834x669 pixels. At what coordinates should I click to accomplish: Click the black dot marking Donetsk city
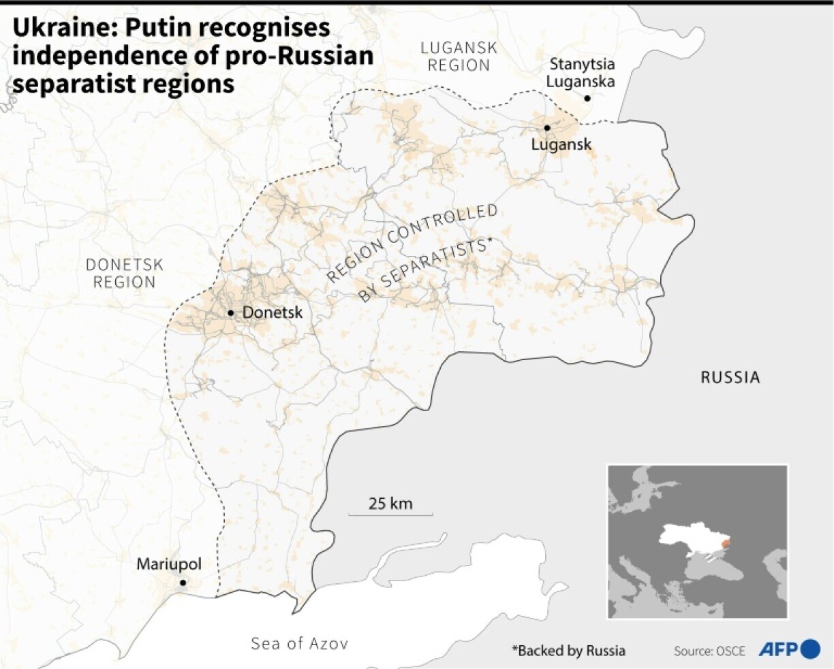click(231, 313)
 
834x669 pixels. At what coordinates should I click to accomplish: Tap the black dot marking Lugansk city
click(546, 128)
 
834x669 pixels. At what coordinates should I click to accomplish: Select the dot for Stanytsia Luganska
click(587, 99)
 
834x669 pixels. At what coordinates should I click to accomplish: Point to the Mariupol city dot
click(183, 583)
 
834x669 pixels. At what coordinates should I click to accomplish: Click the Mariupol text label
click(169, 564)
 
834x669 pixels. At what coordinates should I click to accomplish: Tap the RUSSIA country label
click(730, 377)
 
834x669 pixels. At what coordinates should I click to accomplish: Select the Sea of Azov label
click(299, 643)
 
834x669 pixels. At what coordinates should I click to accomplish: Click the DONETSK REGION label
click(125, 273)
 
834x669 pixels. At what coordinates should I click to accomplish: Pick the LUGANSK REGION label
click(459, 56)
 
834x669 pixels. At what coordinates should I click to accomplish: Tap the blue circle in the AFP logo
click(811, 649)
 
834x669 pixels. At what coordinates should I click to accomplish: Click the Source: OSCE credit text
click(709, 651)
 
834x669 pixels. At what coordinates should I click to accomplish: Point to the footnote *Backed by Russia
click(568, 651)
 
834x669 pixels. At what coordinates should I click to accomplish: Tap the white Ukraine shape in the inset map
click(688, 538)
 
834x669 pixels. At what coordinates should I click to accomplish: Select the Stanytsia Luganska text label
click(582, 73)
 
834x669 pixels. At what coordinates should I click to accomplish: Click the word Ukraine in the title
click(51, 28)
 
